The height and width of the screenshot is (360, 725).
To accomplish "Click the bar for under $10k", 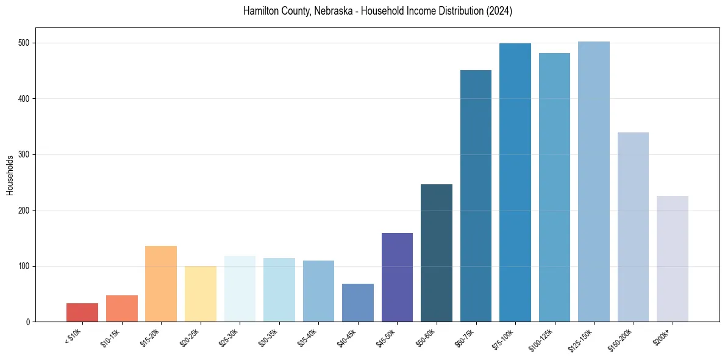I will (82, 312).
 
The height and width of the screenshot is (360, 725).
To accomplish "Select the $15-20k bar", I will (161, 284).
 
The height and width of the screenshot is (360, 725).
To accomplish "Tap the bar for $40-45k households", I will (358, 303).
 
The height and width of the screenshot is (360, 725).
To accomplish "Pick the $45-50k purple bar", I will (397, 277).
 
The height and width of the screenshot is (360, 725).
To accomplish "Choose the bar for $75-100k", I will (515, 182).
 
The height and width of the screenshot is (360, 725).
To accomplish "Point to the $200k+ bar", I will (673, 259).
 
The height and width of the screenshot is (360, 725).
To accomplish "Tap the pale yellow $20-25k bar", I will (201, 293).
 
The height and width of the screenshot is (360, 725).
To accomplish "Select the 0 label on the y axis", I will (29, 322).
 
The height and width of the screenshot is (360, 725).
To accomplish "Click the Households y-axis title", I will (10, 175).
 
